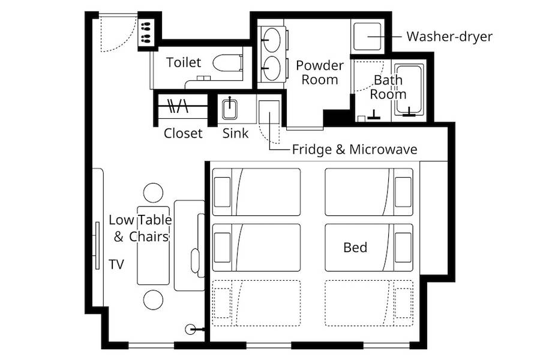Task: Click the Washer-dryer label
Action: [449, 37]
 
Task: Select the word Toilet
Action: [183, 62]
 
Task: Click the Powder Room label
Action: [320, 73]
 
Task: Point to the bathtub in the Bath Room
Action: [409, 89]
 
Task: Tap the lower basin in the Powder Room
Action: [271, 68]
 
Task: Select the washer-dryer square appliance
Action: [367, 36]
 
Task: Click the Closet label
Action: [183, 133]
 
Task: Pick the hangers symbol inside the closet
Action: [178, 106]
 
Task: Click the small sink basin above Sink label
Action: [230, 109]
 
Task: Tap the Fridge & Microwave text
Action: [355, 149]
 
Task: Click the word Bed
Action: [355, 247]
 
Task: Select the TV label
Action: [116, 264]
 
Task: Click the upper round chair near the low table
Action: [153, 193]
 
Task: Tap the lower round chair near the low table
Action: [153, 300]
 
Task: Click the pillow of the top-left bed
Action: [222, 192]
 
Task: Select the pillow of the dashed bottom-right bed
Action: [403, 303]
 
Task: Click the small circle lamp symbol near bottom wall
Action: [190, 329]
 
